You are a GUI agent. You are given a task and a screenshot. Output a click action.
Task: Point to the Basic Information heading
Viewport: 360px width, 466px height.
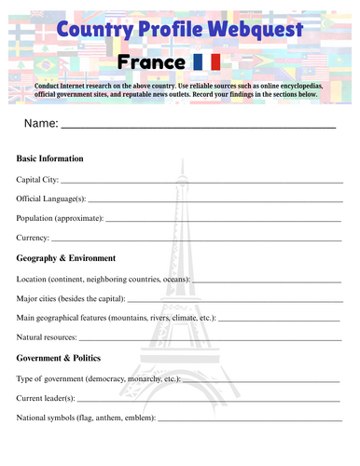click(49, 158)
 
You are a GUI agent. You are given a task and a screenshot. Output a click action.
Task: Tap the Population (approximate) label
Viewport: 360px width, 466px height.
click(60, 218)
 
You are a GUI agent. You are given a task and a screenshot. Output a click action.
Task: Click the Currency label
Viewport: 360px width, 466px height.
click(34, 238)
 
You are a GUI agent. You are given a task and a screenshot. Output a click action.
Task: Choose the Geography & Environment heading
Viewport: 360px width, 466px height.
click(66, 258)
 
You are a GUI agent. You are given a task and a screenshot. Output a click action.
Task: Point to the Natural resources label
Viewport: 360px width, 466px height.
click(48, 337)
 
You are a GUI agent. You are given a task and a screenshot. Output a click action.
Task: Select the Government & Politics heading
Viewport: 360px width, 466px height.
click(59, 358)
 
